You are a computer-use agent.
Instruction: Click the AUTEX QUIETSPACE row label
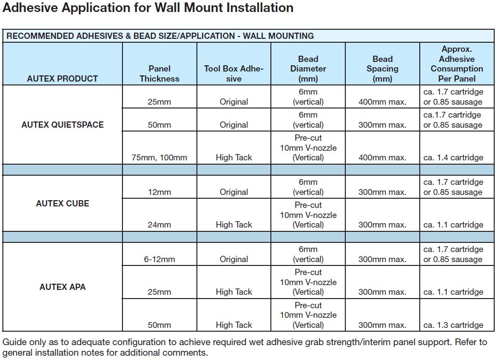coord(62,125)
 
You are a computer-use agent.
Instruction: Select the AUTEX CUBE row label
coord(62,204)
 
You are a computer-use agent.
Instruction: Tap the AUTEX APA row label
coord(62,287)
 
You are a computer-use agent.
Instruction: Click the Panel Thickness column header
coord(159,73)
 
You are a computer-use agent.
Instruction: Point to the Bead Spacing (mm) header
coord(382,69)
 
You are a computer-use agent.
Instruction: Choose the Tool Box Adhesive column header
coord(233,73)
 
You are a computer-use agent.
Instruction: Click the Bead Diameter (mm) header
coord(308,69)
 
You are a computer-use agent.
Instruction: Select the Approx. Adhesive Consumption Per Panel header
coord(457,64)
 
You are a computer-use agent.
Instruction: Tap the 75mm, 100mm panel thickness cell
coord(159,157)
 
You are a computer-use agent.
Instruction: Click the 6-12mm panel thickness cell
coord(159,259)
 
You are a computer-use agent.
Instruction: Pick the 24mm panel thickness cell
coord(159,225)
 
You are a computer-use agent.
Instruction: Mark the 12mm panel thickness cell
coord(159,192)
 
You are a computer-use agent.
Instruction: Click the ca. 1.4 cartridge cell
coord(453,157)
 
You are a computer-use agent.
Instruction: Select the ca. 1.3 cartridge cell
coord(453,325)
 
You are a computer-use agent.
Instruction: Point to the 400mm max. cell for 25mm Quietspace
coord(382,102)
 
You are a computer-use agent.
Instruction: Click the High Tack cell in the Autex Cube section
coord(233,225)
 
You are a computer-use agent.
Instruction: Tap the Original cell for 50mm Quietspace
coord(233,125)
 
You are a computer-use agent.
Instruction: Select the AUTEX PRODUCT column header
coord(62,79)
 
